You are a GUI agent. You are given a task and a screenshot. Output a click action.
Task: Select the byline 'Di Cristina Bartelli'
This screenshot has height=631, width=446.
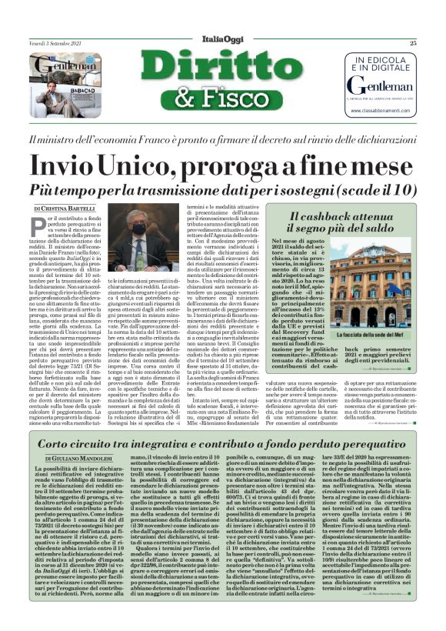65,209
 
